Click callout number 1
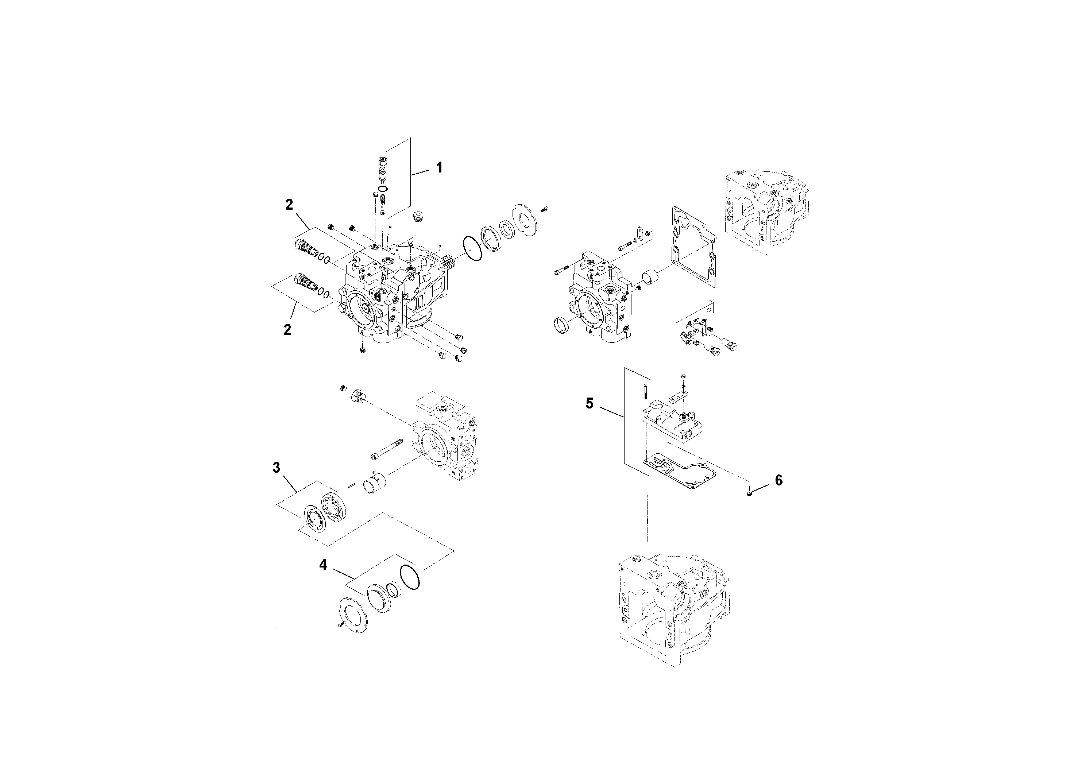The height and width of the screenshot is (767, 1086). [x=439, y=167]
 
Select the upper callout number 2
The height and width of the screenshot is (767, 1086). [x=289, y=204]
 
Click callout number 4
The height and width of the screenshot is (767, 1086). [x=323, y=564]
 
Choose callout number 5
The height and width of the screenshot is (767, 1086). [x=590, y=403]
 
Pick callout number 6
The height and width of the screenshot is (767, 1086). [x=778, y=480]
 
